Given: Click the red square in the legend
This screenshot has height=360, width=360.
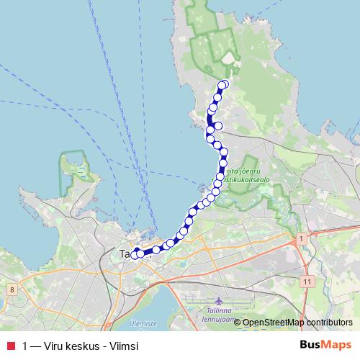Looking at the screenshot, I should (x=10, y=346).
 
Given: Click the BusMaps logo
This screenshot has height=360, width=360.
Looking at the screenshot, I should (x=322, y=345).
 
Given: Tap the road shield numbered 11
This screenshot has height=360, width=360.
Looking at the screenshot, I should (x=308, y=281).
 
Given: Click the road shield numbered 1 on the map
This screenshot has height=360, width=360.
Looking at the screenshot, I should (x=300, y=237).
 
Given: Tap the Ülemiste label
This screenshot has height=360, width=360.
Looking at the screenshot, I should (x=143, y=324).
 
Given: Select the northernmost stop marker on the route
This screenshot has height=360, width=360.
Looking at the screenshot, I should (x=224, y=84).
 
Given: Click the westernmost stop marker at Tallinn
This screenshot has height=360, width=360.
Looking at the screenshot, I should (x=134, y=255).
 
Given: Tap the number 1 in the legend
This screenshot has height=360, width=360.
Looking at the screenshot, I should (x=26, y=346).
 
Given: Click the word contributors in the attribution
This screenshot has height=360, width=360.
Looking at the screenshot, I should (x=329, y=322).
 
